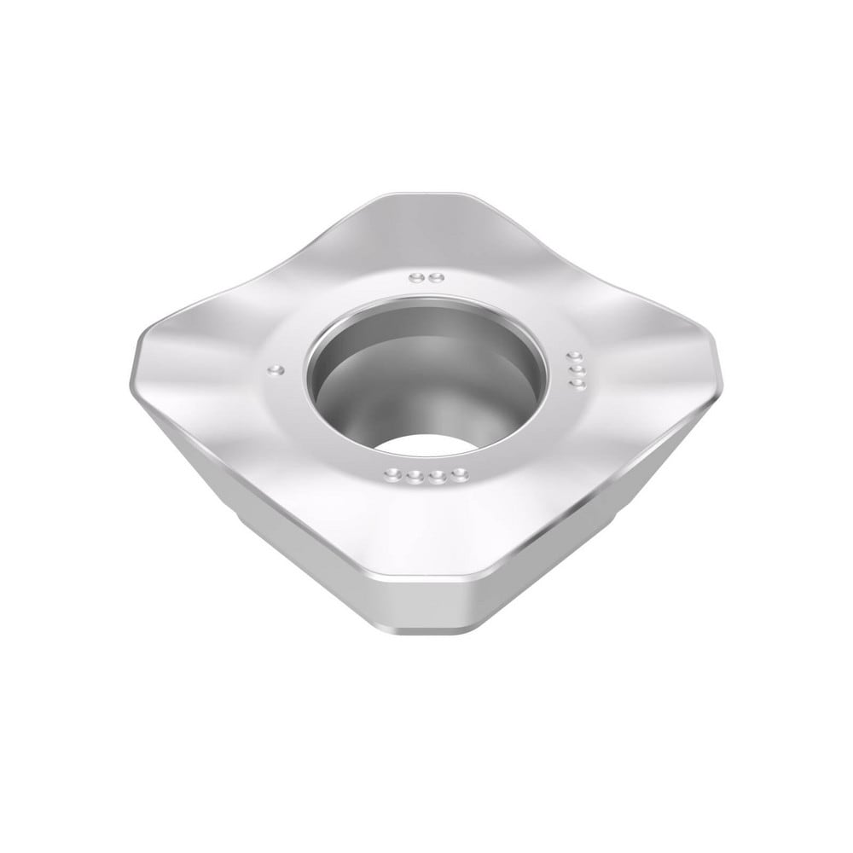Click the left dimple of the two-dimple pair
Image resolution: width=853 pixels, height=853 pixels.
[x=415, y=277]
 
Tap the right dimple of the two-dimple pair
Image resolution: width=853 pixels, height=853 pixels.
[x=433, y=277]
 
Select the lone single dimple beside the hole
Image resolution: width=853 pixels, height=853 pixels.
[x=275, y=369]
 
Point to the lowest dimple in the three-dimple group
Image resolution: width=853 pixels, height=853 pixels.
[x=580, y=386]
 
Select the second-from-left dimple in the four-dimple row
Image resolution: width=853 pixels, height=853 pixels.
[x=415, y=479]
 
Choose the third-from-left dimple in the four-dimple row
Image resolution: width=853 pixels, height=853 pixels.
[x=438, y=479]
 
